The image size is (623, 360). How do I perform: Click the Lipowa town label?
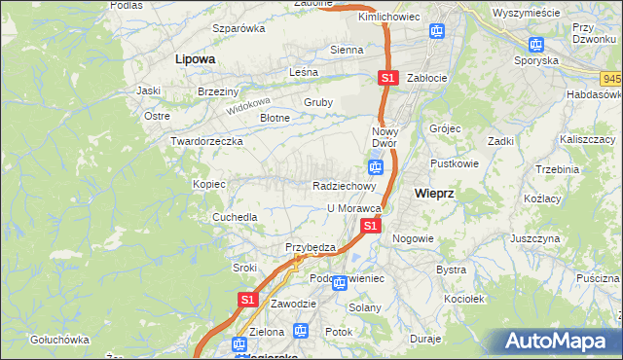click(x=195, y=59)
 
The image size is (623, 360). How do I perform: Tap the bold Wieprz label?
click(x=434, y=193)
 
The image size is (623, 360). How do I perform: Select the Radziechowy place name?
click(x=344, y=186)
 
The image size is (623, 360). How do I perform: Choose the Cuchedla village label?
click(x=236, y=217)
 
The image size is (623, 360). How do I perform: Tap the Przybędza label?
click(x=310, y=247)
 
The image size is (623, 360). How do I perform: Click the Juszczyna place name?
click(x=534, y=237)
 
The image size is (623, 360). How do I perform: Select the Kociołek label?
click(x=463, y=300)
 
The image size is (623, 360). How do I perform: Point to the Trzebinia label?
click(x=557, y=169)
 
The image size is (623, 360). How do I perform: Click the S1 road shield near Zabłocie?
click(x=387, y=78)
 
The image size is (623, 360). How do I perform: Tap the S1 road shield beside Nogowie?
click(x=370, y=226)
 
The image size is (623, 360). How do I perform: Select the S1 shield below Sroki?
click(x=247, y=300)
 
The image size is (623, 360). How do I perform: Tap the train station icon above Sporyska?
click(x=534, y=44)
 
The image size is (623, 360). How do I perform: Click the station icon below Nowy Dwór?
click(x=375, y=167)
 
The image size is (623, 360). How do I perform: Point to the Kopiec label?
click(x=209, y=184)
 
